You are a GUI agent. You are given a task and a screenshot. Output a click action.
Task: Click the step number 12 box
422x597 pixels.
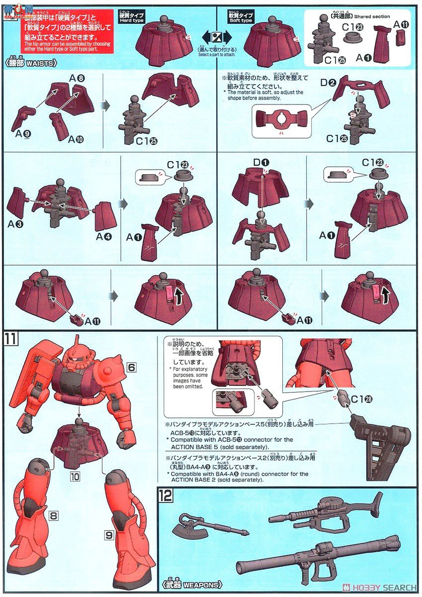[x=165, y=496]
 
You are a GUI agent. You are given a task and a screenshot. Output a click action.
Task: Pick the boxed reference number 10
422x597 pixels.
[x=75, y=476]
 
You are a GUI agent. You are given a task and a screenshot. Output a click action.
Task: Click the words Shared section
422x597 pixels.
[x=372, y=16]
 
